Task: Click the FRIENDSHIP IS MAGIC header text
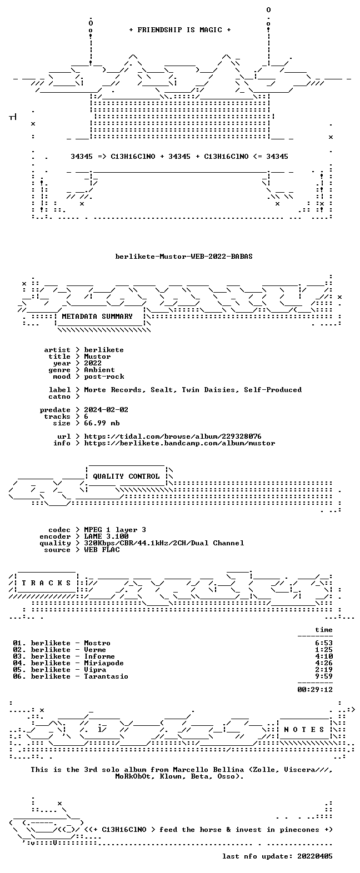pos(180,29)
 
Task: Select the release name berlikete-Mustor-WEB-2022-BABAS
pos(184,257)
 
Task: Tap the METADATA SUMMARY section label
pos(97,317)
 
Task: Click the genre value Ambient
pos(99,370)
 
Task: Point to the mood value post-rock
pos(104,377)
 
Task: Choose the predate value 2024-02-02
pos(106,410)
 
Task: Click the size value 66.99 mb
pos(102,423)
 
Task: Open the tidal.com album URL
pos(173,436)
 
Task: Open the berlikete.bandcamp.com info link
pos(179,443)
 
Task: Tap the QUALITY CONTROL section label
pos(126,476)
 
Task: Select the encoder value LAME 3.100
pos(106,536)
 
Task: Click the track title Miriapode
pos(104,663)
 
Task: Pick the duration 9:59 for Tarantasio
pos(324,676)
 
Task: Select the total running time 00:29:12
pos(315,689)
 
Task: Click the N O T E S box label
pos(304,730)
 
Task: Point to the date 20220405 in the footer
pos(315,856)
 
